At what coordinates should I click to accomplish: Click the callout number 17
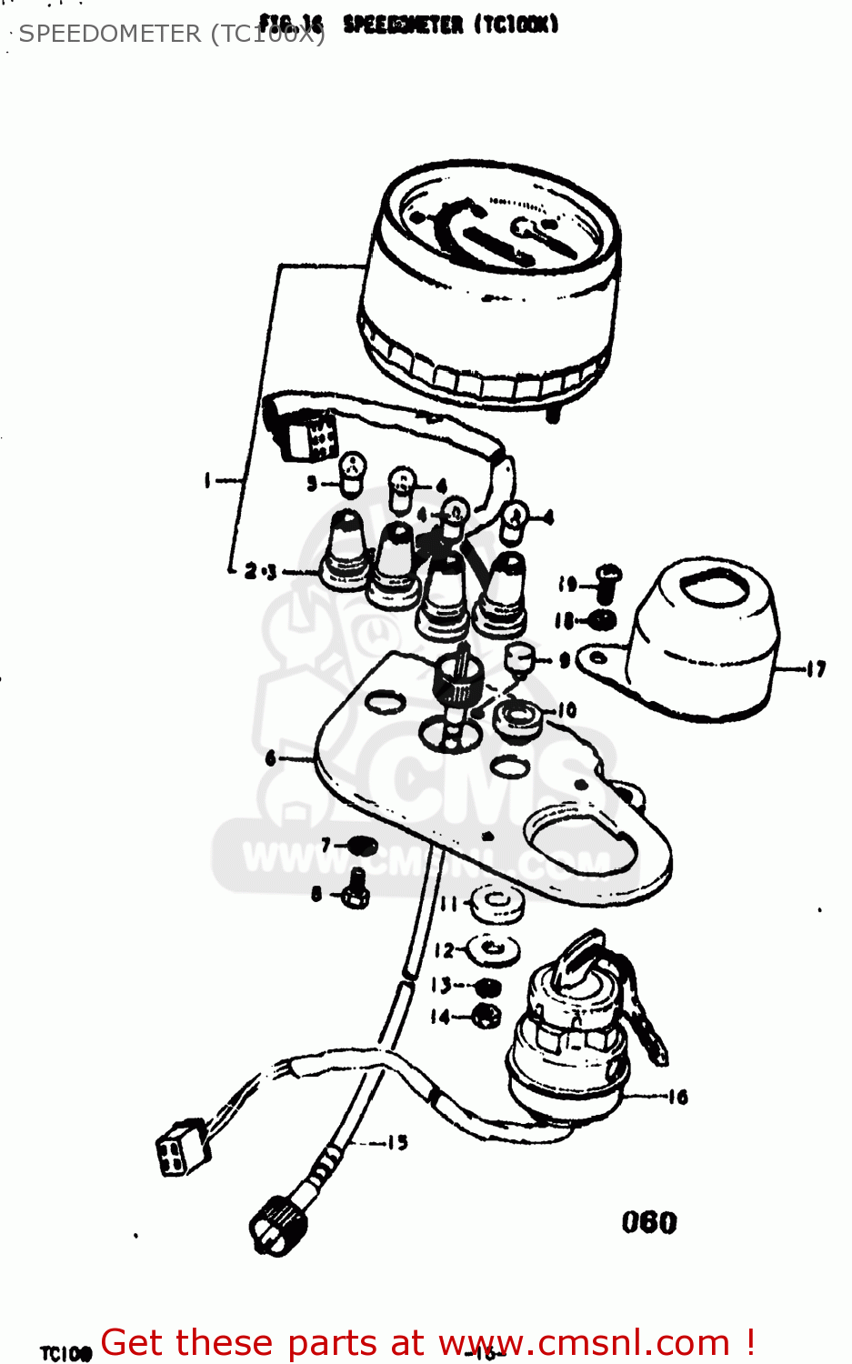pos(816,669)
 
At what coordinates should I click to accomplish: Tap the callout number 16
pos(677,1097)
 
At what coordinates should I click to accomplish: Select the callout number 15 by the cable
pos(397,1142)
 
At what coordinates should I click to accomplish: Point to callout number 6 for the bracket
pos(270,757)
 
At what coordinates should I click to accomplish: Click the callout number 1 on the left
pos(208,479)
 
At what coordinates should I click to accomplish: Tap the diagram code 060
pos(649,1222)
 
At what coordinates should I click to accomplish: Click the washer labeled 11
pos(497,904)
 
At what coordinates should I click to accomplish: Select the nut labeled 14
pos(487,1016)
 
